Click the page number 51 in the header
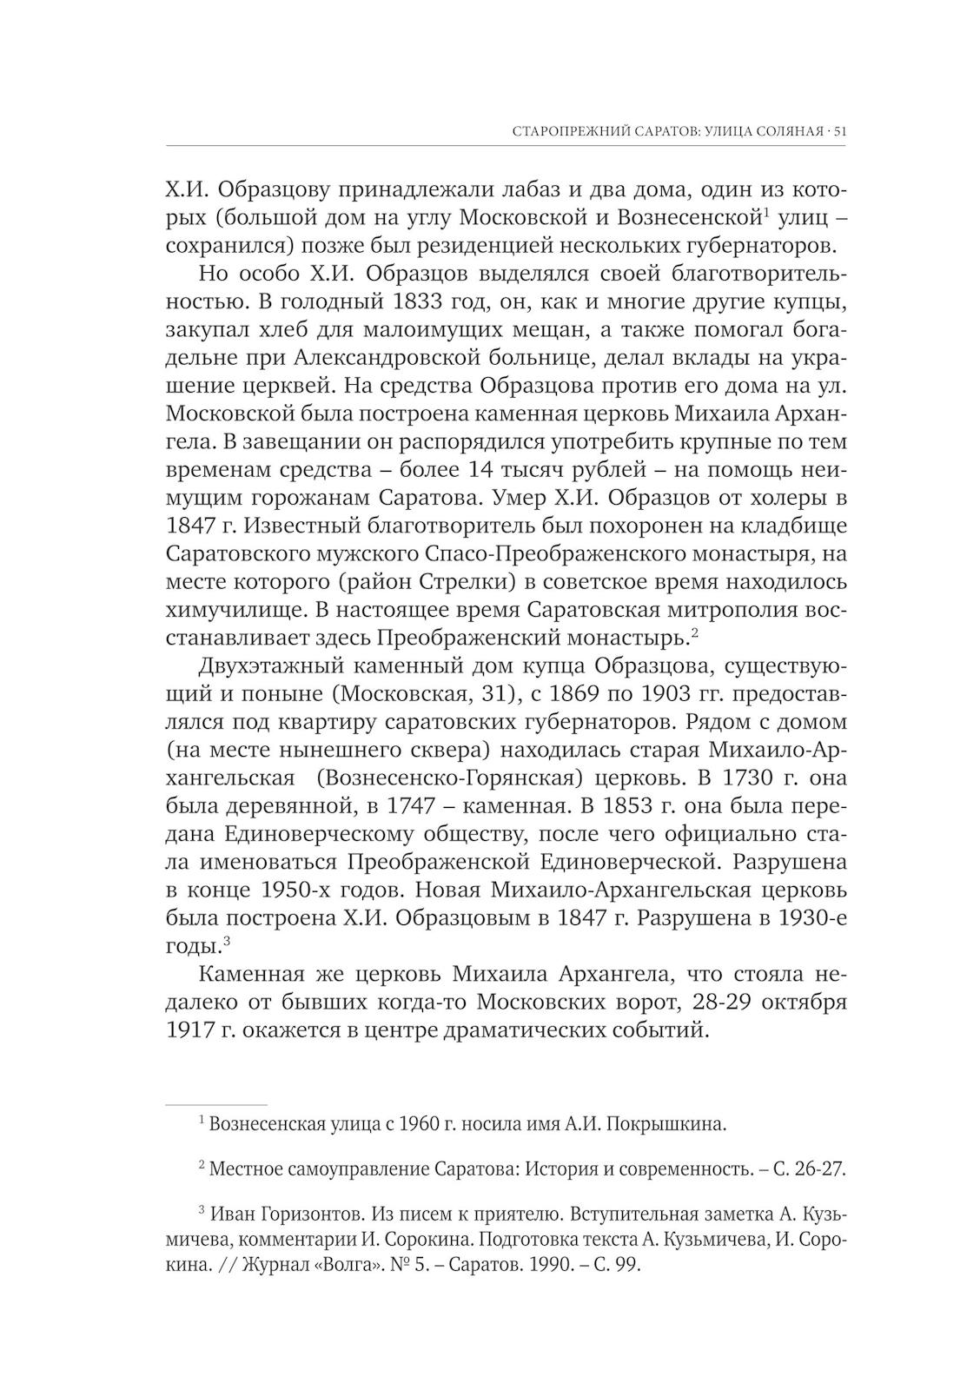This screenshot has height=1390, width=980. (x=839, y=132)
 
